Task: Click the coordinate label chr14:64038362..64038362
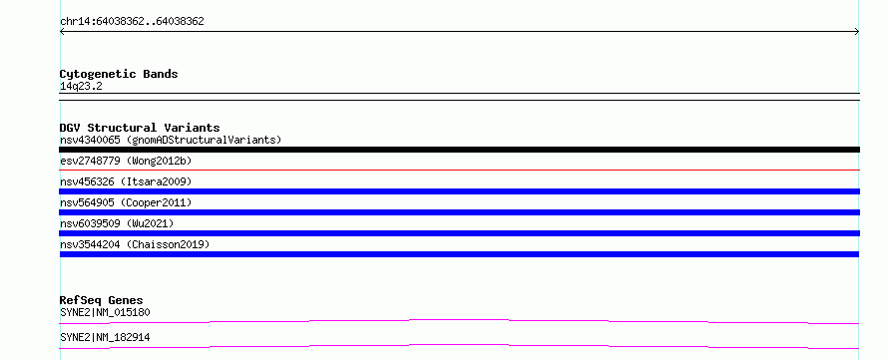click(132, 22)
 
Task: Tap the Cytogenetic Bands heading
click(119, 74)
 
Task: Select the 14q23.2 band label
click(81, 87)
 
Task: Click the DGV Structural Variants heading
click(140, 128)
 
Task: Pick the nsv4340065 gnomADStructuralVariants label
click(171, 140)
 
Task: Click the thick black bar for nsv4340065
click(459, 150)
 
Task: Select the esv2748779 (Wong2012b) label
click(126, 161)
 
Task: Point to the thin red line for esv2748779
click(459, 170)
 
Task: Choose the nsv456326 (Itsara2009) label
click(126, 181)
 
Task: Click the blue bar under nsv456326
click(459, 191)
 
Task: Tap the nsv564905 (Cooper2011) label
click(126, 202)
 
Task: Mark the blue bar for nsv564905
click(459, 212)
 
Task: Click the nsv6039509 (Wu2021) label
click(117, 223)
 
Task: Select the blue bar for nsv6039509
click(459, 233)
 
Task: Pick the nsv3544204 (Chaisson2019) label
click(135, 244)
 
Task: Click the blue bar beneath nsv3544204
click(459, 254)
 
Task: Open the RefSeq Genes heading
click(102, 300)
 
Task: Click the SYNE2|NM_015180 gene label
click(105, 312)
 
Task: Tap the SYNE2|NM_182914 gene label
click(105, 337)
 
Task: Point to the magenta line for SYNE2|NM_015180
click(459, 320)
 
